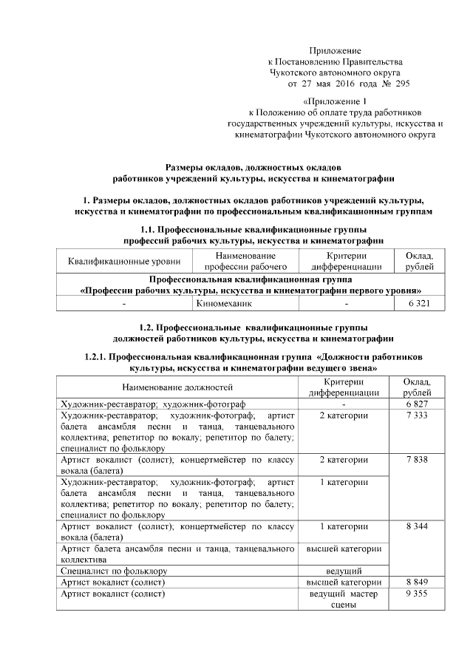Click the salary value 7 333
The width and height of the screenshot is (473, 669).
click(x=417, y=416)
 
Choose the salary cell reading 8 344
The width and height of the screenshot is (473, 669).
click(x=417, y=526)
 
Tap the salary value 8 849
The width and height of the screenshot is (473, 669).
click(x=417, y=582)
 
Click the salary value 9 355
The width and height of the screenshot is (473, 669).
click(x=417, y=593)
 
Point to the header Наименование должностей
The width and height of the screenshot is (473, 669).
click(x=177, y=387)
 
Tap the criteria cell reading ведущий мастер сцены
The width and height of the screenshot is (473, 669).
click(x=344, y=599)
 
